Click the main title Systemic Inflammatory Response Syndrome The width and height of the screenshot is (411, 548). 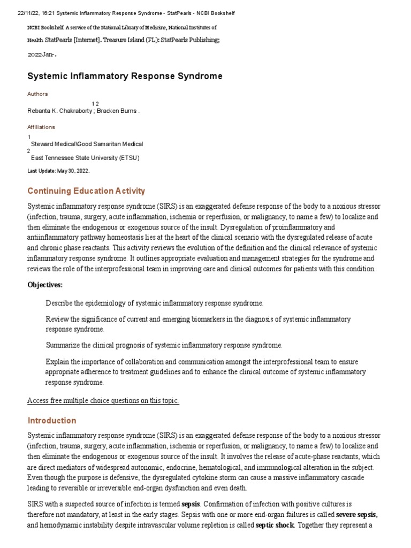click(x=125, y=76)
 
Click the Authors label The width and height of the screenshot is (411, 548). click(x=37, y=94)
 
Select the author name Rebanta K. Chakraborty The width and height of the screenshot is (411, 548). click(x=59, y=111)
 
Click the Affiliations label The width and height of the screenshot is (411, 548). click(x=41, y=127)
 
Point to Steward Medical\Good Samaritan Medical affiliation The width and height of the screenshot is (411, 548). click(x=87, y=144)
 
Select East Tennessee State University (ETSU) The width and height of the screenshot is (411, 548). click(x=85, y=158)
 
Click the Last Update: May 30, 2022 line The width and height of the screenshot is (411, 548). click(x=58, y=171)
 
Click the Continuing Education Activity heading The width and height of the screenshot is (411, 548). click(x=86, y=191)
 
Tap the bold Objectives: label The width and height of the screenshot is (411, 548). click(x=45, y=284)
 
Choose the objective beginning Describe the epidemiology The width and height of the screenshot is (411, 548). click(x=154, y=303)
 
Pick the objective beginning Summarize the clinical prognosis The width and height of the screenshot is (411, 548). click(x=164, y=345)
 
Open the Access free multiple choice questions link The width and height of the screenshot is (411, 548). click(x=103, y=401)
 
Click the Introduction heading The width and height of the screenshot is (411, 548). click(x=52, y=421)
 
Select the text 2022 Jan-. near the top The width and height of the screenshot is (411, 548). click(x=42, y=54)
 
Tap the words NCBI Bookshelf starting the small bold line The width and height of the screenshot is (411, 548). click(x=44, y=27)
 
